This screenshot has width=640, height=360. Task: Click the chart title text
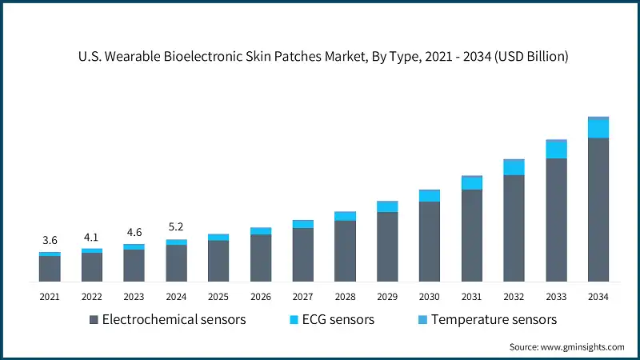point(320,57)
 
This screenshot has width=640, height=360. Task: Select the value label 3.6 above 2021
point(50,240)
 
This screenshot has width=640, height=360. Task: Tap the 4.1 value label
point(92,237)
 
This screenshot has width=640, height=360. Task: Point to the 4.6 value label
point(134,233)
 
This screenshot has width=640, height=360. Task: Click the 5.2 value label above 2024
point(176,227)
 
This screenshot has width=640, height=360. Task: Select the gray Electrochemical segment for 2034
point(598,210)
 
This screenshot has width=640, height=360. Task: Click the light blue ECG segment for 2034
point(598,128)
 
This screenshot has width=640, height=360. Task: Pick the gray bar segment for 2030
point(430,242)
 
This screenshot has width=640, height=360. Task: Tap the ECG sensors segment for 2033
point(556,150)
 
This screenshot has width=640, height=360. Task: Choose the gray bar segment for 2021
point(50,269)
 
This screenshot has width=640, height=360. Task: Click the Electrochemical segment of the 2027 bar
point(302,254)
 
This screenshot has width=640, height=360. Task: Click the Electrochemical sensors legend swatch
point(94,320)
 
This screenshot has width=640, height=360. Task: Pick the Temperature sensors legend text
point(494,320)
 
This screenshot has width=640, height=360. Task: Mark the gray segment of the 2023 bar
point(134,266)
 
